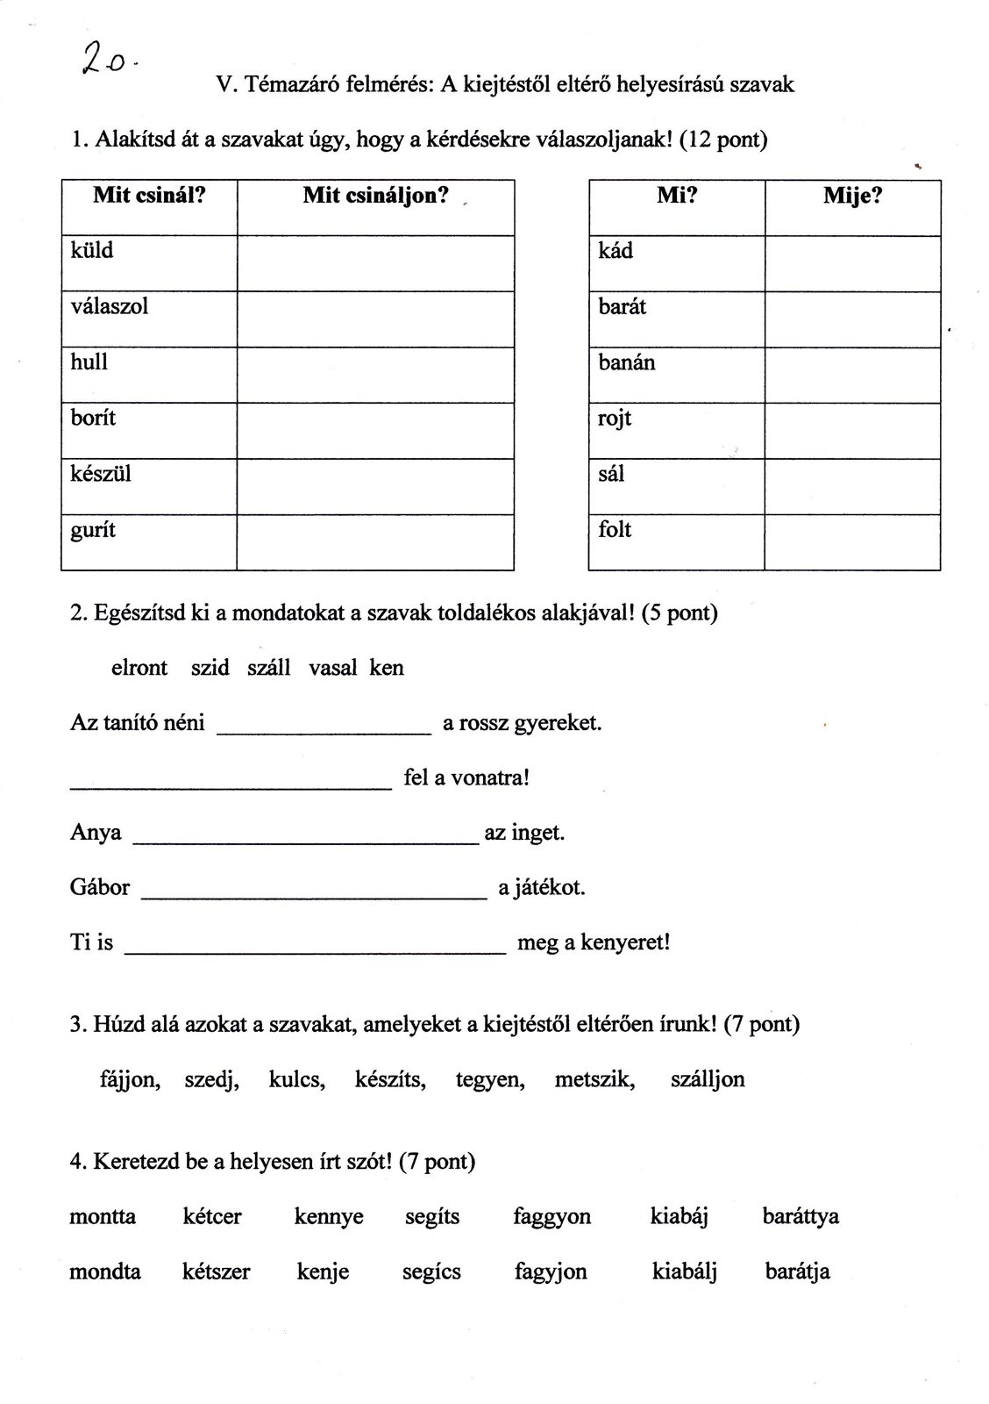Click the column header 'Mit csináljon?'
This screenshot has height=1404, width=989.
[x=375, y=196]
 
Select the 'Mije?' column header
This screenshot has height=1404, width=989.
[x=851, y=196]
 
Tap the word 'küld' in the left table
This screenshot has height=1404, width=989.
[x=92, y=251]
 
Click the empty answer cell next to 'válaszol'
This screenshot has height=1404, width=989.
[x=375, y=319]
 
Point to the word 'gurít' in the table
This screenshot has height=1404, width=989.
[x=93, y=531]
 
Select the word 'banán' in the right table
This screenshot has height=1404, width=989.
[x=626, y=362]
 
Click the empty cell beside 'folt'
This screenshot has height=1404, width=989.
[x=851, y=541]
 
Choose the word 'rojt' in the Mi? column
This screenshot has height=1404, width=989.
[x=615, y=419]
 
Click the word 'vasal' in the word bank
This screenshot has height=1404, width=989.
[x=332, y=668]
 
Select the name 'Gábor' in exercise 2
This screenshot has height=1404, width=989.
[x=100, y=887]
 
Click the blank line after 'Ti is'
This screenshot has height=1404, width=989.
[x=316, y=946]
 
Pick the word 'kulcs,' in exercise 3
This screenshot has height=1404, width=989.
[x=296, y=1079]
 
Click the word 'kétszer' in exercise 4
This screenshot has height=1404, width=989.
[x=216, y=1271]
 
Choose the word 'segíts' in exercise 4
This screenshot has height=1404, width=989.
[x=432, y=1217]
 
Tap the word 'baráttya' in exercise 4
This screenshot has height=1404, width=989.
[x=800, y=1217]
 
